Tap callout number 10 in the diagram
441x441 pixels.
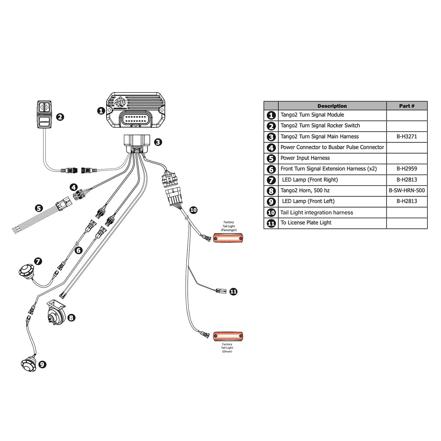click(x=193, y=210)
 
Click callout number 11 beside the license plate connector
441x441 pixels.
click(x=233, y=291)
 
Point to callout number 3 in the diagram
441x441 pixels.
click(x=158, y=142)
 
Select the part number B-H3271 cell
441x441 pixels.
click(x=407, y=136)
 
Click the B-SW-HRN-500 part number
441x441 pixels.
click(x=407, y=191)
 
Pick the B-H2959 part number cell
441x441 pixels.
click(x=407, y=169)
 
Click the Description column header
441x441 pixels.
click(x=332, y=106)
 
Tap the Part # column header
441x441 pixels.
click(x=407, y=106)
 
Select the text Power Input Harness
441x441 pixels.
click(x=305, y=158)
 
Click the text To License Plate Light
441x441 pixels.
click(x=306, y=223)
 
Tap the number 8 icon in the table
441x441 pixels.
click(x=271, y=191)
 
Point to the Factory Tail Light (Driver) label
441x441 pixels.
click(x=227, y=348)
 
